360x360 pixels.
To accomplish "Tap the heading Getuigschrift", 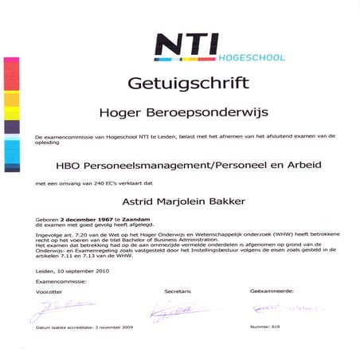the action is (x=180, y=84).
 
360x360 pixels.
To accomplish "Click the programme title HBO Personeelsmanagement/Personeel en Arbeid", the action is (x=180, y=170).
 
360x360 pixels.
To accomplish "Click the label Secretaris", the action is (x=178, y=292).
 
